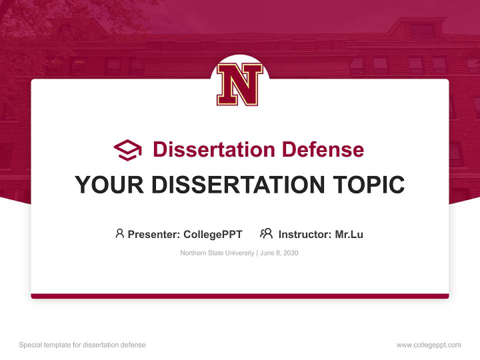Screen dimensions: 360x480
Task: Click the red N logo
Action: [x=239, y=84]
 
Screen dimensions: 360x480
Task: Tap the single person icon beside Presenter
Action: [x=119, y=233]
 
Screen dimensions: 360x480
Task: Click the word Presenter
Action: [x=153, y=234]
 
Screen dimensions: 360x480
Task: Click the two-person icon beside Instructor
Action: [x=266, y=233]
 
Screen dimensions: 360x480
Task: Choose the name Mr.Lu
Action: [x=349, y=234]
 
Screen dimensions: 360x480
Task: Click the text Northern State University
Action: [x=217, y=253]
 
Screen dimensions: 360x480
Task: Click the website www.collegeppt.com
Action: [x=428, y=345]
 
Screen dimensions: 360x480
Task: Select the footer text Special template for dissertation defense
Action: [x=82, y=345]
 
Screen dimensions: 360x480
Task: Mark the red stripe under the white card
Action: [x=239, y=296]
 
